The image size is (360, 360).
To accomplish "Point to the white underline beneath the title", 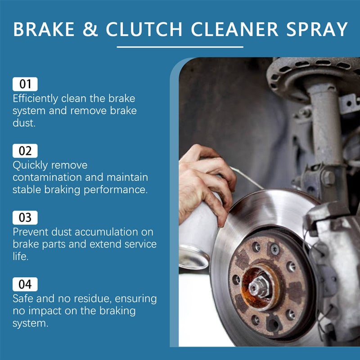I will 180,46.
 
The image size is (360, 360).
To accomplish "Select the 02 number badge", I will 25,150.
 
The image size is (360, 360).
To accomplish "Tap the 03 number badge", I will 25,218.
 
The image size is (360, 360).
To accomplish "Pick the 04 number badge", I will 25,284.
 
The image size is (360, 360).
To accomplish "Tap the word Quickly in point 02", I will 31,165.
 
